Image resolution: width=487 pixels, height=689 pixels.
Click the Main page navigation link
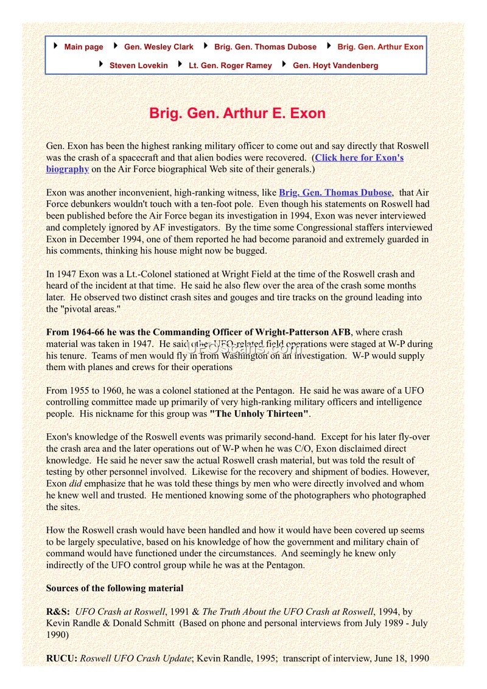click(83, 47)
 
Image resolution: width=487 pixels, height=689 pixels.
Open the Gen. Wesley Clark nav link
click(158, 47)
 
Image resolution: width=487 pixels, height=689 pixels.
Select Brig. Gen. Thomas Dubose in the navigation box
click(265, 47)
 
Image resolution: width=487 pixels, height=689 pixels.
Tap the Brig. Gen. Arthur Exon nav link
click(380, 47)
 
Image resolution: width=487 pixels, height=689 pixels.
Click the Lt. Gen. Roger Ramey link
click(230, 66)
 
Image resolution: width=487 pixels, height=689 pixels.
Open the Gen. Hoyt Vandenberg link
click(335, 66)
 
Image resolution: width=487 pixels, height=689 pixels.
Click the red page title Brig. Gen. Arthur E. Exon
click(237, 113)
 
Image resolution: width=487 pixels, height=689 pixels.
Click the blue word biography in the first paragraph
click(68, 169)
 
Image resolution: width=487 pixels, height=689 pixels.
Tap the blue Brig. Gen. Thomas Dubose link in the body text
click(335, 193)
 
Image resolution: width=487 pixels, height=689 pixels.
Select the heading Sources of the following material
click(115, 588)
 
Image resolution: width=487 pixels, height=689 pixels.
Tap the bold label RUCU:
click(61, 658)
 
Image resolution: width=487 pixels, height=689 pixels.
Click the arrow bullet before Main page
click(56, 46)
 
